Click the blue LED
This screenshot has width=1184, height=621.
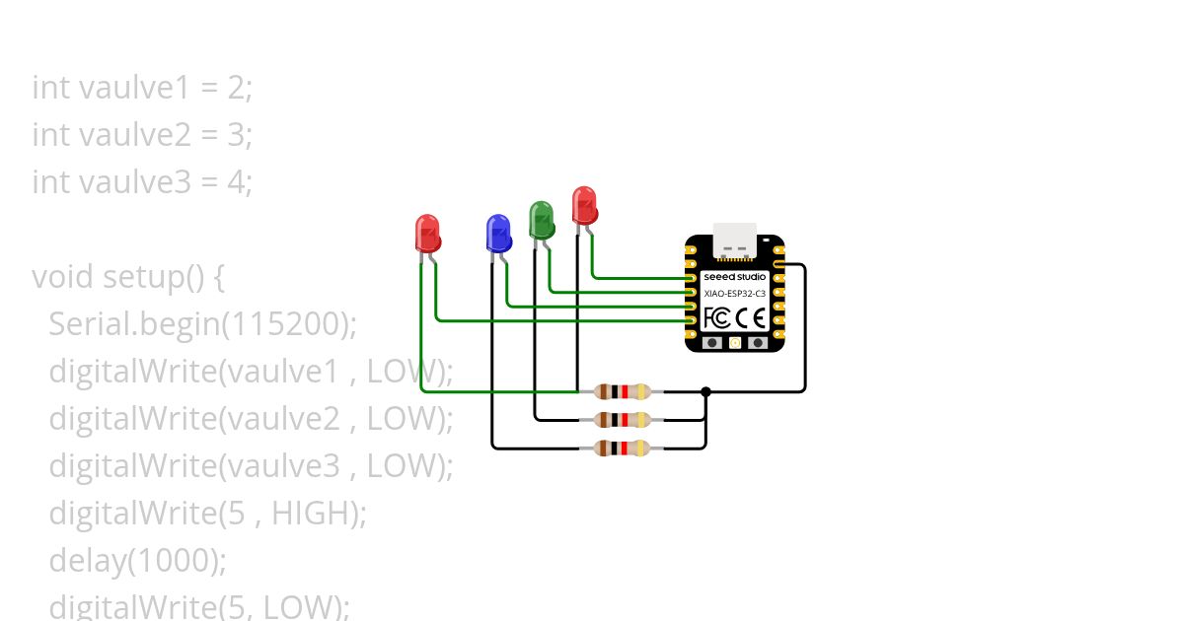point(498,234)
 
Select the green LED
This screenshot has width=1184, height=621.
point(542,220)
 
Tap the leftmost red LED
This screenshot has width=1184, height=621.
point(427,234)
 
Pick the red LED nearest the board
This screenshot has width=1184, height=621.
point(584,206)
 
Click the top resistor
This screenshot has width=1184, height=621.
point(622,392)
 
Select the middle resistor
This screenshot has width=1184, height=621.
point(622,420)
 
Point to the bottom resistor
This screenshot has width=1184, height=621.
point(622,448)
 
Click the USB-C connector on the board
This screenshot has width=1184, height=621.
point(735,241)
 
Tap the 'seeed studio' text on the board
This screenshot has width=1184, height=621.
point(735,277)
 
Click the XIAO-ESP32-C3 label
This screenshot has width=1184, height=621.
point(735,294)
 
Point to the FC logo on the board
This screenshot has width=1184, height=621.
point(716,317)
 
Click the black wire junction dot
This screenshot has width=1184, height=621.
point(705,392)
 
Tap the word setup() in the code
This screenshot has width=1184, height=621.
point(153,277)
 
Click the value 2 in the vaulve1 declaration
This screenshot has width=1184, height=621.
point(236,88)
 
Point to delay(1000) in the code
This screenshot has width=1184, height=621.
point(137,560)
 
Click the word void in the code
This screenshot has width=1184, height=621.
point(62,277)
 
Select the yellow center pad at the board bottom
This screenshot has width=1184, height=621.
point(735,343)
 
